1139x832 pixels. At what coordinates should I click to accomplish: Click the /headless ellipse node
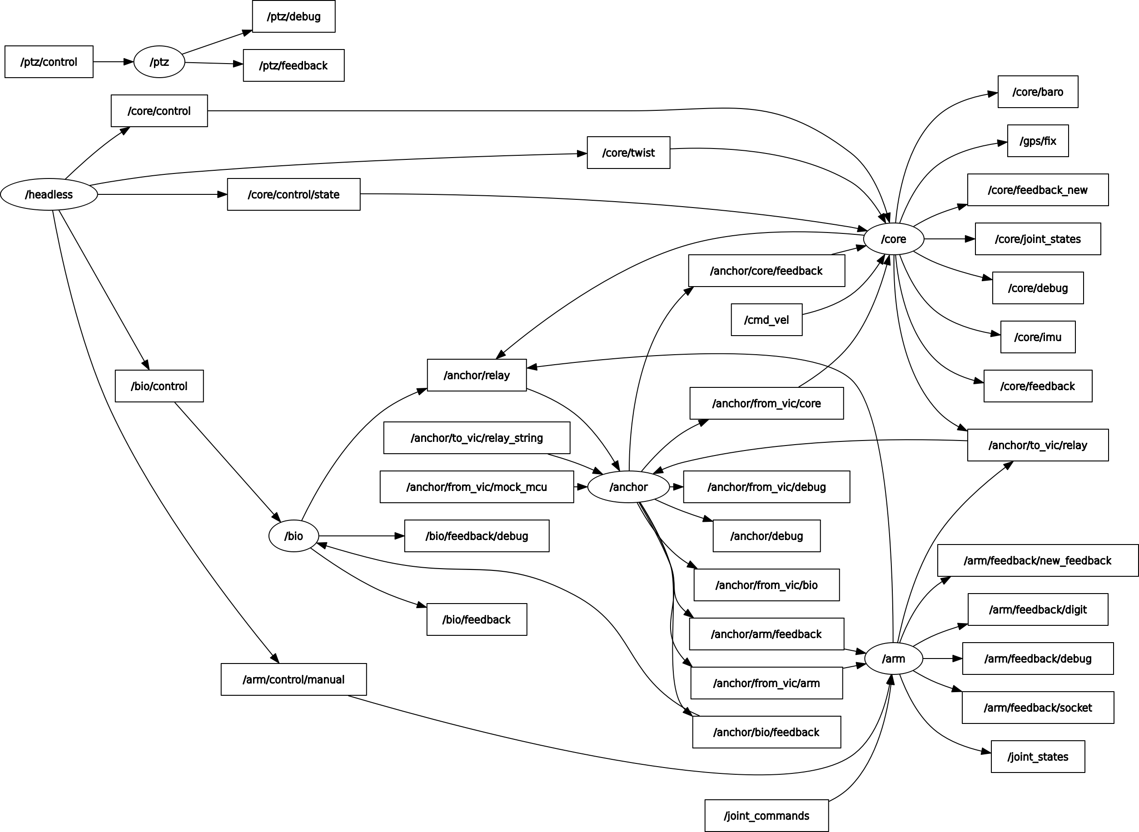point(49,194)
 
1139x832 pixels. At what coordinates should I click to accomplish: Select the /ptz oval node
point(159,62)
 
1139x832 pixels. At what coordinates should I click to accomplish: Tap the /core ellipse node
point(893,239)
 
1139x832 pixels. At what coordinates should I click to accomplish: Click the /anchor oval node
point(628,486)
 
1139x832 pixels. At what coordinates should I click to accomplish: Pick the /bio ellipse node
point(293,536)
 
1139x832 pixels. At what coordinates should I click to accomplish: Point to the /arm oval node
point(893,658)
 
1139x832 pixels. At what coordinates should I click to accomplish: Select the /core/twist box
point(628,153)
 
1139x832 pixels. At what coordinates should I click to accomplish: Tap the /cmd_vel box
point(766,319)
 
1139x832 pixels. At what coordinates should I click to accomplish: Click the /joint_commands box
point(766,815)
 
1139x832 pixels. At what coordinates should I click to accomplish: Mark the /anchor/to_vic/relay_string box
point(477,438)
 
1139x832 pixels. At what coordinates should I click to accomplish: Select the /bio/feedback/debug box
point(477,536)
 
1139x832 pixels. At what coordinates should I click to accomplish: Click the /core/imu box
point(1038,337)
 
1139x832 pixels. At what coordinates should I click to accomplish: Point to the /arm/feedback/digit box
point(1038,609)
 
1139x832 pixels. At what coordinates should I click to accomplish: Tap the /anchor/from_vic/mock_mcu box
point(477,486)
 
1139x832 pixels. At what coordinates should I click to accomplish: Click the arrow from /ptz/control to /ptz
point(113,62)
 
